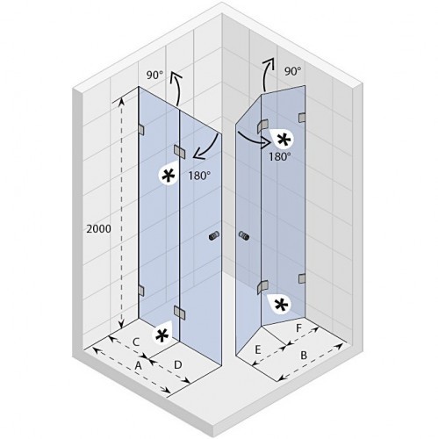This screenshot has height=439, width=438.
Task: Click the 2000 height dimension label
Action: click(x=99, y=229)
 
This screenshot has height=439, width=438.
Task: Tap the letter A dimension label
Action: click(x=138, y=365)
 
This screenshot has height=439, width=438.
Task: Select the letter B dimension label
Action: click(x=304, y=356)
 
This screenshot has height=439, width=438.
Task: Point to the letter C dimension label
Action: click(x=136, y=342)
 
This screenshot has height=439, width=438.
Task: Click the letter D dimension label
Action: click(x=178, y=364)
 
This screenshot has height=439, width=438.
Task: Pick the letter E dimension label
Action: click(x=258, y=349)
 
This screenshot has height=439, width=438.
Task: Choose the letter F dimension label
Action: click(x=298, y=328)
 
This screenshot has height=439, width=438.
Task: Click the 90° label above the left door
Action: click(x=154, y=76)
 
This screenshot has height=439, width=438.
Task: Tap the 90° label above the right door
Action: click(x=292, y=71)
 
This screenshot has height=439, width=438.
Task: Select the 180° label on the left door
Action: click(x=199, y=176)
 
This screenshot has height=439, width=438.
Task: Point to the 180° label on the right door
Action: click(x=280, y=157)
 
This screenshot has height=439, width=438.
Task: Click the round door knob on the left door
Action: click(x=214, y=236)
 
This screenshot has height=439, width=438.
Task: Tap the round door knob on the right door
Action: click(x=244, y=235)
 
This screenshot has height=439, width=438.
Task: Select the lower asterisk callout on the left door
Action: click(x=162, y=335)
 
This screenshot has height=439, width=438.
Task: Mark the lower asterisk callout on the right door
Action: click(x=279, y=305)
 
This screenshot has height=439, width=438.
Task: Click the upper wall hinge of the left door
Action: click(x=141, y=130)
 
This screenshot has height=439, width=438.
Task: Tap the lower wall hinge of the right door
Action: click(x=302, y=278)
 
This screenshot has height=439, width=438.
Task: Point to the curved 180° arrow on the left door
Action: click(x=210, y=151)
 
